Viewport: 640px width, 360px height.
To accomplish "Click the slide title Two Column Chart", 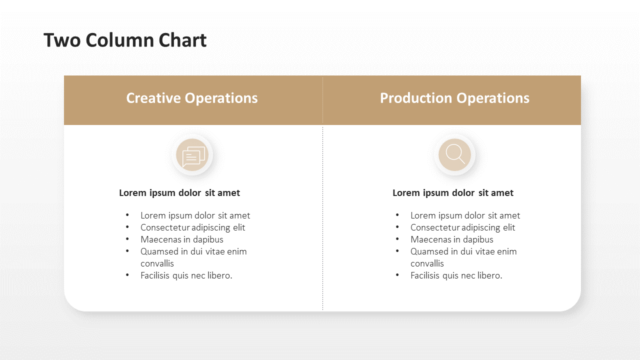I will tap(125, 40).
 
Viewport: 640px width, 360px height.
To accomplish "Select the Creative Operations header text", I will tap(192, 98).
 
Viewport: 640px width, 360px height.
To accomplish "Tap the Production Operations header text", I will tap(454, 98).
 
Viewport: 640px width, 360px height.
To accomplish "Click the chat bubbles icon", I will tap(193, 155).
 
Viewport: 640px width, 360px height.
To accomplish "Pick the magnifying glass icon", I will tap(455, 154).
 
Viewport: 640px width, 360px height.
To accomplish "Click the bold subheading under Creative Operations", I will tap(179, 193).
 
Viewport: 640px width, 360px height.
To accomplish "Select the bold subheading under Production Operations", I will tap(453, 193).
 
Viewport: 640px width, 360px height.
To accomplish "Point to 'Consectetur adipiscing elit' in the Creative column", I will tap(193, 227).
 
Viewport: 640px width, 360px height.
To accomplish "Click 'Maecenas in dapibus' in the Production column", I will tap(452, 239).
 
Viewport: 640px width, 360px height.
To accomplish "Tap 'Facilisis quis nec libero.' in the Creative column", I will tap(186, 275).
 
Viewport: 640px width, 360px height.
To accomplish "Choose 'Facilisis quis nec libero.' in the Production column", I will tap(456, 275).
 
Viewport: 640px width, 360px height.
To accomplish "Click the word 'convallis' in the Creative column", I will tap(157, 263).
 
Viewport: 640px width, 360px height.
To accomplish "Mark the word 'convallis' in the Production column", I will tap(427, 263).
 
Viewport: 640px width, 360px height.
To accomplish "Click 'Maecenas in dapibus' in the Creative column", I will tap(182, 239).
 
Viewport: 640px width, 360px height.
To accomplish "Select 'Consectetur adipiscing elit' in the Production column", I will tap(463, 227).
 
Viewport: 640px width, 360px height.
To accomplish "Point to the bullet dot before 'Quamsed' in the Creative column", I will tap(127, 251).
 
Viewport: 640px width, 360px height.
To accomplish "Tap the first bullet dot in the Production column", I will tap(397, 215).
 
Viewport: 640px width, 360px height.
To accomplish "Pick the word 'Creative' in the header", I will tap(153, 98).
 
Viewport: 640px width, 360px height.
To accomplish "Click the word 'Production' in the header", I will tap(416, 98).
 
